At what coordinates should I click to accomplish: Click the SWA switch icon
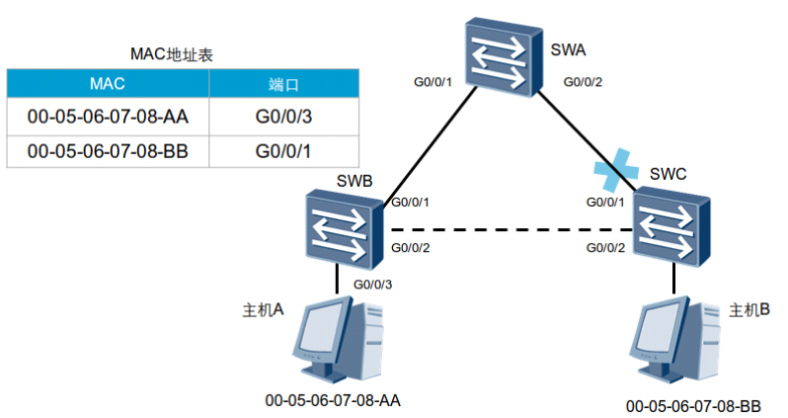504,57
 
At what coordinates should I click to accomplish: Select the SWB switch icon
345,229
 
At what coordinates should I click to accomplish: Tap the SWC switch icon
671,226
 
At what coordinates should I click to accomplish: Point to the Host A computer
339,339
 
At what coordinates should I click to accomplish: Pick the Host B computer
675,340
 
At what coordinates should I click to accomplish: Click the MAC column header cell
108,83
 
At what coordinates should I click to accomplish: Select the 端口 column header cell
284,83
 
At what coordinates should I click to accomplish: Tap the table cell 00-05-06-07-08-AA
108,117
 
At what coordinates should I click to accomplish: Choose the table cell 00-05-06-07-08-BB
108,151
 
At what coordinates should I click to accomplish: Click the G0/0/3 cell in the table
284,117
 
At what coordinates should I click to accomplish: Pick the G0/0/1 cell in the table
284,151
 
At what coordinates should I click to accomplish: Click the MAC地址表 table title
172,54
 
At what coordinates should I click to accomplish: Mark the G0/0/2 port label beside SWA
583,82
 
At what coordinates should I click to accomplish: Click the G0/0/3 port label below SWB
372,285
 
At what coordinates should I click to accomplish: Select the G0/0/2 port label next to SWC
605,248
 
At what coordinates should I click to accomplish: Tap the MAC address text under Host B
693,406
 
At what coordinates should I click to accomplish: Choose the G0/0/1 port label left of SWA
433,82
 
